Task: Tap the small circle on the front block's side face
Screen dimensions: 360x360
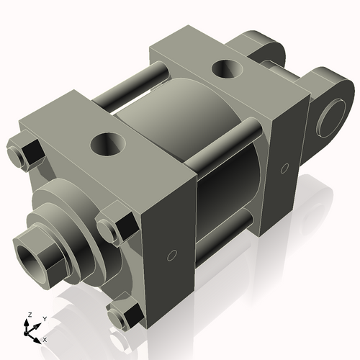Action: click(171, 254)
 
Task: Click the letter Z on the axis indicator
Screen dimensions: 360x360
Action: click(28, 315)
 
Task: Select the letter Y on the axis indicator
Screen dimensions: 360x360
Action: click(44, 318)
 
